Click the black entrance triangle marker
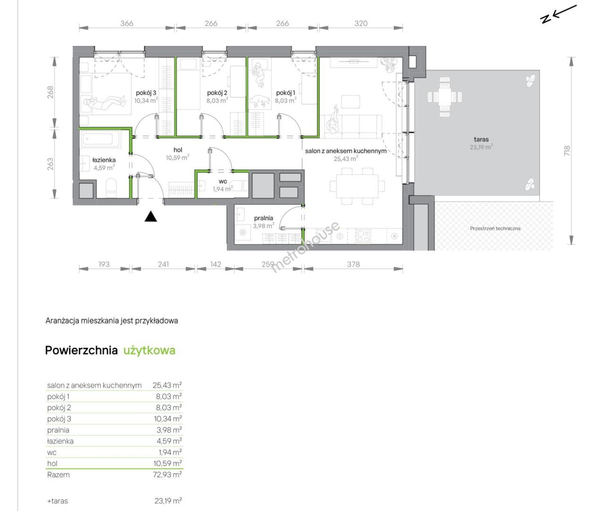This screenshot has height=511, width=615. tap(150, 217)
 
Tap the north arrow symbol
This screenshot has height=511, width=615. tap(558, 14)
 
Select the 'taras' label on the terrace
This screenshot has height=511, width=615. tap(481, 139)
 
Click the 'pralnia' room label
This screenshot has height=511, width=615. tap(264, 218)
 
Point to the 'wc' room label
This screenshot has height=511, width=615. tap(223, 181)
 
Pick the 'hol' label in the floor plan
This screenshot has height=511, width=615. tap(178, 150)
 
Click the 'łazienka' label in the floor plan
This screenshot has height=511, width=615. tap(104, 160)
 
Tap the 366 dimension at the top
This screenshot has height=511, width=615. tap(127, 23)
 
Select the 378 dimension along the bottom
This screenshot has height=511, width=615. tap(353, 264)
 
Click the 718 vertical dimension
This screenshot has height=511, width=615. tap(567, 151)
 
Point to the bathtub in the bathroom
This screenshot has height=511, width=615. tap(101, 139)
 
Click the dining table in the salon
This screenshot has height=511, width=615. tap(357, 186)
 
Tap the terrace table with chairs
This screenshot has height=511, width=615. tap(445, 97)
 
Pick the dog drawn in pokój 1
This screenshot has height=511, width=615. tap(260, 101)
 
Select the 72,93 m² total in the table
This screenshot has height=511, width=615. tap(167, 475)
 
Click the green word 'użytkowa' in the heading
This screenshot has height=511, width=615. tap(149, 350)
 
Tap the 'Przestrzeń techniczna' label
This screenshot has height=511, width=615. tap(495, 228)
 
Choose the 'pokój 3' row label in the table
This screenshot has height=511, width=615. tap(59, 419)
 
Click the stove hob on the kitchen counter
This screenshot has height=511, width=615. tap(363, 236)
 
